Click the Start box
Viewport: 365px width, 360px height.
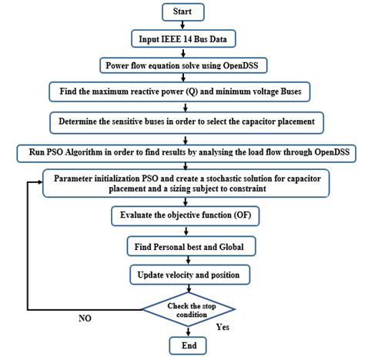point(182,12)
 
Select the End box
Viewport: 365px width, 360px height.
point(182,345)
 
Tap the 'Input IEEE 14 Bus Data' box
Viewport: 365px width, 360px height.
point(182,38)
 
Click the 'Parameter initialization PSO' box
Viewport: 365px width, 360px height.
point(182,183)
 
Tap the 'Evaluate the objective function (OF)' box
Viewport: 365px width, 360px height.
point(182,217)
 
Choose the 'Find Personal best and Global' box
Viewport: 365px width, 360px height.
point(182,246)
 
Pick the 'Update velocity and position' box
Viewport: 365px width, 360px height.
point(182,274)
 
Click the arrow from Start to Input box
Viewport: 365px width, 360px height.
point(182,25)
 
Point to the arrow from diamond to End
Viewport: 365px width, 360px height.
point(182,331)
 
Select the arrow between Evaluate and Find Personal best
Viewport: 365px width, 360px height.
point(182,232)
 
